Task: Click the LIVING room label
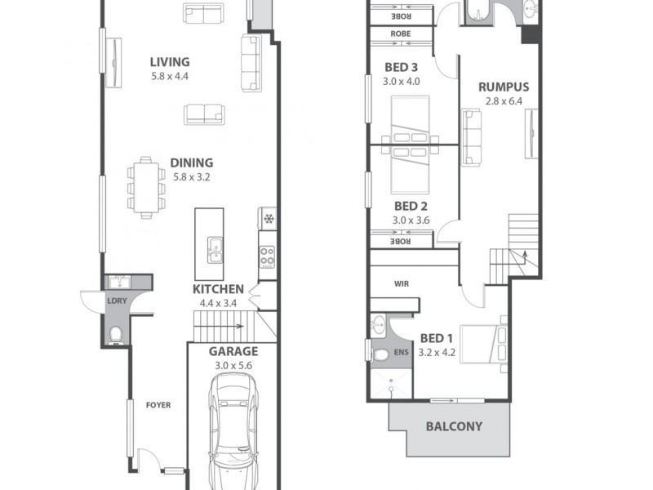(x=170, y=62)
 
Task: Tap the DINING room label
(x=192, y=163)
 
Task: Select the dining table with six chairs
(x=145, y=188)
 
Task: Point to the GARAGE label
(x=233, y=352)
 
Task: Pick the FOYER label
(x=158, y=405)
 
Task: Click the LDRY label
(x=118, y=301)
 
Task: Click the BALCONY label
(x=454, y=426)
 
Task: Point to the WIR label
(x=401, y=284)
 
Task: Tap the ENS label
(x=401, y=353)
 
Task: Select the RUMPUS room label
(x=504, y=87)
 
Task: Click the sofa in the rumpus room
(x=472, y=136)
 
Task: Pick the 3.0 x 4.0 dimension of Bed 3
(x=401, y=82)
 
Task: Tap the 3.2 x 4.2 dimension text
(x=437, y=353)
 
